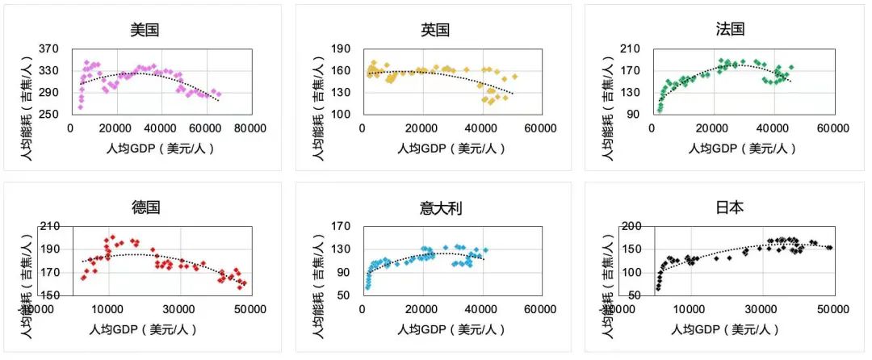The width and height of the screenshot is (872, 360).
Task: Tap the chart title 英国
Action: (x=435, y=30)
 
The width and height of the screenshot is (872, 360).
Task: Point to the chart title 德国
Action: (x=146, y=207)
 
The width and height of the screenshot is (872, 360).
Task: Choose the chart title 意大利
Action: (x=435, y=207)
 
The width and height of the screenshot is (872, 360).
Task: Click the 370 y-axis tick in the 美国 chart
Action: (x=50, y=49)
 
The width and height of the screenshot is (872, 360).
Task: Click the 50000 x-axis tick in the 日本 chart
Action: (x=817, y=309)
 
